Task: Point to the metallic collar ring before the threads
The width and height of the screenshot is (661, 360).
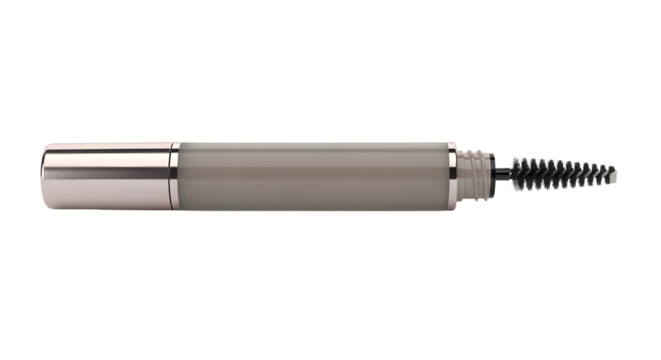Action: point(452,171)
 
